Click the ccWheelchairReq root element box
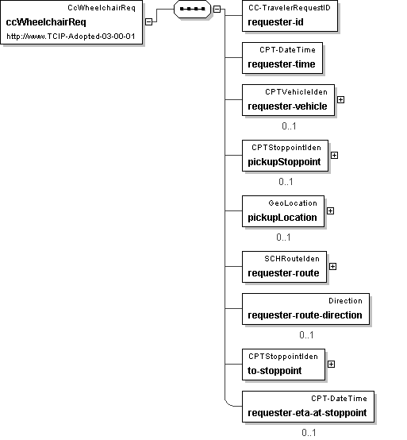(x=71, y=22)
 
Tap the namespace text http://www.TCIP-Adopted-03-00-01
(x=71, y=37)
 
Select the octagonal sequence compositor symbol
(x=192, y=9)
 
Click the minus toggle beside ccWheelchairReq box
(x=149, y=21)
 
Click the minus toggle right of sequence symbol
(x=217, y=9)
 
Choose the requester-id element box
(x=290, y=16)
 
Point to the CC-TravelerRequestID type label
(x=290, y=8)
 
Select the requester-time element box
(x=282, y=58)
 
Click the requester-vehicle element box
(x=288, y=100)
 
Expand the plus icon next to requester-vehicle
(x=340, y=99)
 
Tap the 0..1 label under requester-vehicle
(x=289, y=126)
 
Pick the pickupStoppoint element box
(x=285, y=156)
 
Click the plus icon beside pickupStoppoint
(x=334, y=155)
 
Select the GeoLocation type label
(x=293, y=203)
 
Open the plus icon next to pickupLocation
(x=331, y=210)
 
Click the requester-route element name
(x=283, y=273)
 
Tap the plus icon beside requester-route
(x=332, y=266)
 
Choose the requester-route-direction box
(x=305, y=309)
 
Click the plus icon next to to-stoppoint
(x=331, y=364)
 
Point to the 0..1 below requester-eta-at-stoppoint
(x=309, y=432)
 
